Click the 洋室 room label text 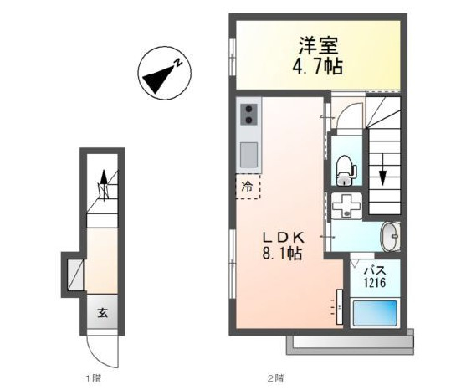click(x=319, y=45)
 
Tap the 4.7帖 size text click(x=318, y=66)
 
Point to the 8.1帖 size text click(x=282, y=254)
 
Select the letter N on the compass click(x=177, y=63)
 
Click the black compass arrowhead click(x=158, y=80)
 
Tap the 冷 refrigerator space click(x=248, y=187)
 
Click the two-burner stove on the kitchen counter click(x=249, y=114)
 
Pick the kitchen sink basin click(x=249, y=155)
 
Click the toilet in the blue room click(x=346, y=170)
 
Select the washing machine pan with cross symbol click(x=346, y=206)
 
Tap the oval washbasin click(x=390, y=237)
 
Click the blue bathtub click(x=375, y=313)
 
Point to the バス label click(x=375, y=269)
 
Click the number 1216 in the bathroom click(x=375, y=283)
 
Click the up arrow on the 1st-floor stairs click(x=104, y=185)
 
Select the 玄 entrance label click(x=103, y=313)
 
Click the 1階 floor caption click(x=93, y=378)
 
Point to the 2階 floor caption click(x=275, y=378)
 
